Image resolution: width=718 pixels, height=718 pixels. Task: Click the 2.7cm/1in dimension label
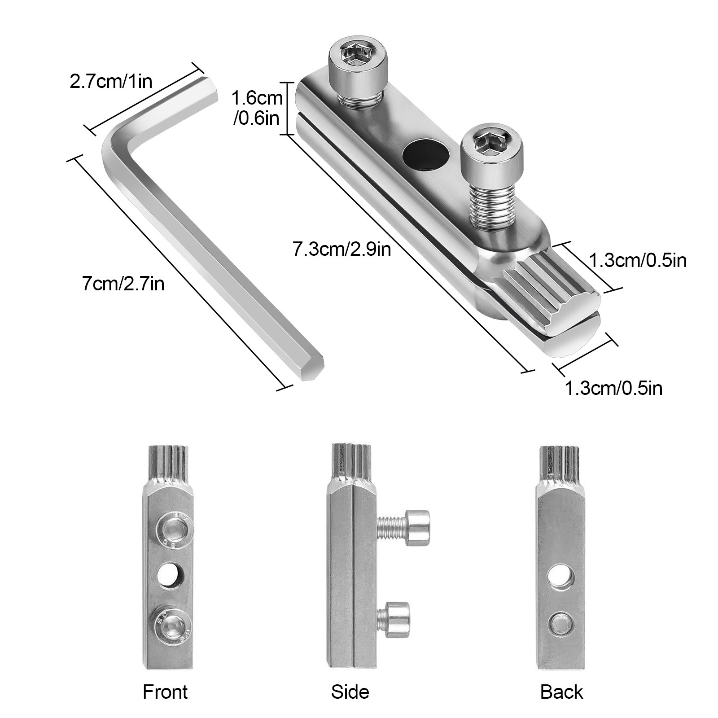click(x=111, y=82)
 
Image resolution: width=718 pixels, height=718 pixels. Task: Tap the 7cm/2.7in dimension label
click(x=123, y=284)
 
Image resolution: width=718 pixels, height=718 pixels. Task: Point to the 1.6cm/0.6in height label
click(x=257, y=108)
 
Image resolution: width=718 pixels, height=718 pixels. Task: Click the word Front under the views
click(x=165, y=692)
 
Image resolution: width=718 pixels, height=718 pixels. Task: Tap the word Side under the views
click(x=350, y=692)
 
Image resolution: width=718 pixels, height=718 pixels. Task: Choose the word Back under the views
click(x=561, y=692)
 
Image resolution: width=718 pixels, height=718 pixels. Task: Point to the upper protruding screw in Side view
click(x=404, y=528)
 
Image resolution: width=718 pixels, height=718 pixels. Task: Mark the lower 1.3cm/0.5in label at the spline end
click(x=613, y=388)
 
